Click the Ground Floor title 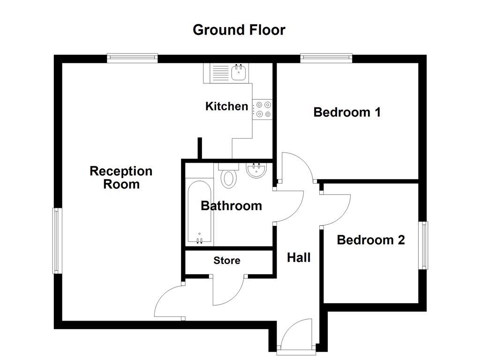239,30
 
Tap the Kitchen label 227,106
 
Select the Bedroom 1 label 347,112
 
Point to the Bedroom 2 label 371,240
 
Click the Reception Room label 121,178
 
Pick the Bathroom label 231,206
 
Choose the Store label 227,261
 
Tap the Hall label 299,257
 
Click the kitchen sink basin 239,73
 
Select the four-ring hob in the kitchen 263,109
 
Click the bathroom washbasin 256,170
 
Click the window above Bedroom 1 326,58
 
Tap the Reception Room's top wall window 132,58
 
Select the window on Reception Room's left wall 57,241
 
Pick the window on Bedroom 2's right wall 423,245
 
